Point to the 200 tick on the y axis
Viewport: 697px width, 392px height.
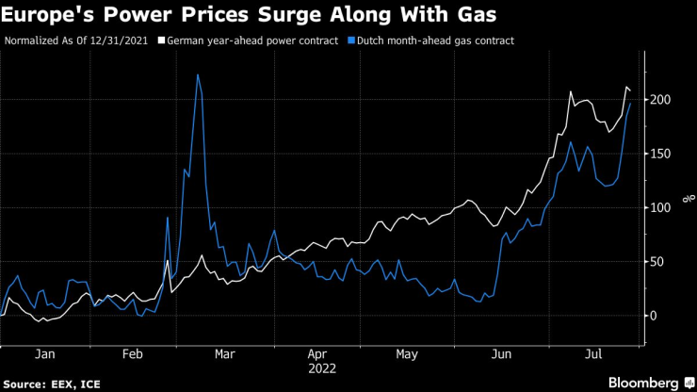coord(660,99)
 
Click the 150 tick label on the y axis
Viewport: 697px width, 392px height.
coord(660,154)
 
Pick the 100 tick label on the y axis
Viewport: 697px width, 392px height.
coord(660,207)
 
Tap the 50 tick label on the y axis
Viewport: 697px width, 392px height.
coord(656,262)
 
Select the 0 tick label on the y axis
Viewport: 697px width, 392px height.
coord(653,316)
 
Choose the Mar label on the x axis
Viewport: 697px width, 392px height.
coord(224,354)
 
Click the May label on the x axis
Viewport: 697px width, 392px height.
coord(407,354)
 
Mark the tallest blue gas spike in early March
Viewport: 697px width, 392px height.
coord(198,74)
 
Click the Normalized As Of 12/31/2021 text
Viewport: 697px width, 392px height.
coord(79,41)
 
